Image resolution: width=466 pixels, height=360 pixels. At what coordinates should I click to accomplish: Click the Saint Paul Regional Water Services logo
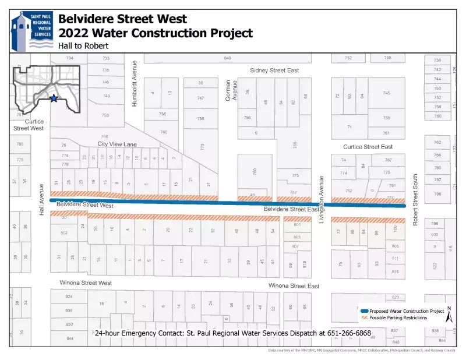click(30, 30)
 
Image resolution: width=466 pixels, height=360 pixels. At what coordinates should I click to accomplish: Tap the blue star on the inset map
click(54, 98)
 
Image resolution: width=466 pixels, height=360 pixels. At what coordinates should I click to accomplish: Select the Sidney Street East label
click(274, 70)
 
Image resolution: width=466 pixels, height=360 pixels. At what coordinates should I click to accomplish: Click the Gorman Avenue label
click(232, 90)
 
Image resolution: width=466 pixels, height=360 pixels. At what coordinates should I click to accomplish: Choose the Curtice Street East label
click(368, 147)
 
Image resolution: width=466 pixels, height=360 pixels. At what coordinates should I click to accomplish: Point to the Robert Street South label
click(415, 199)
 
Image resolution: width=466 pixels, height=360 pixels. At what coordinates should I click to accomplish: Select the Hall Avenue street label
click(42, 200)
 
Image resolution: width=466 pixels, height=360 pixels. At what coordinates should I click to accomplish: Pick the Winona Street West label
click(86, 283)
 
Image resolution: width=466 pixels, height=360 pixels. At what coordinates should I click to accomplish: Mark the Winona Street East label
click(294, 286)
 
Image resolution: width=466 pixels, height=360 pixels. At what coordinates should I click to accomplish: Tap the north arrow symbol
click(449, 315)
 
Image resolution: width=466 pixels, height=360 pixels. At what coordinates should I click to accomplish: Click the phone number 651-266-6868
click(351, 333)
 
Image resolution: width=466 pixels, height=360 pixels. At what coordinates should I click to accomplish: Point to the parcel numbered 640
click(227, 58)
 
